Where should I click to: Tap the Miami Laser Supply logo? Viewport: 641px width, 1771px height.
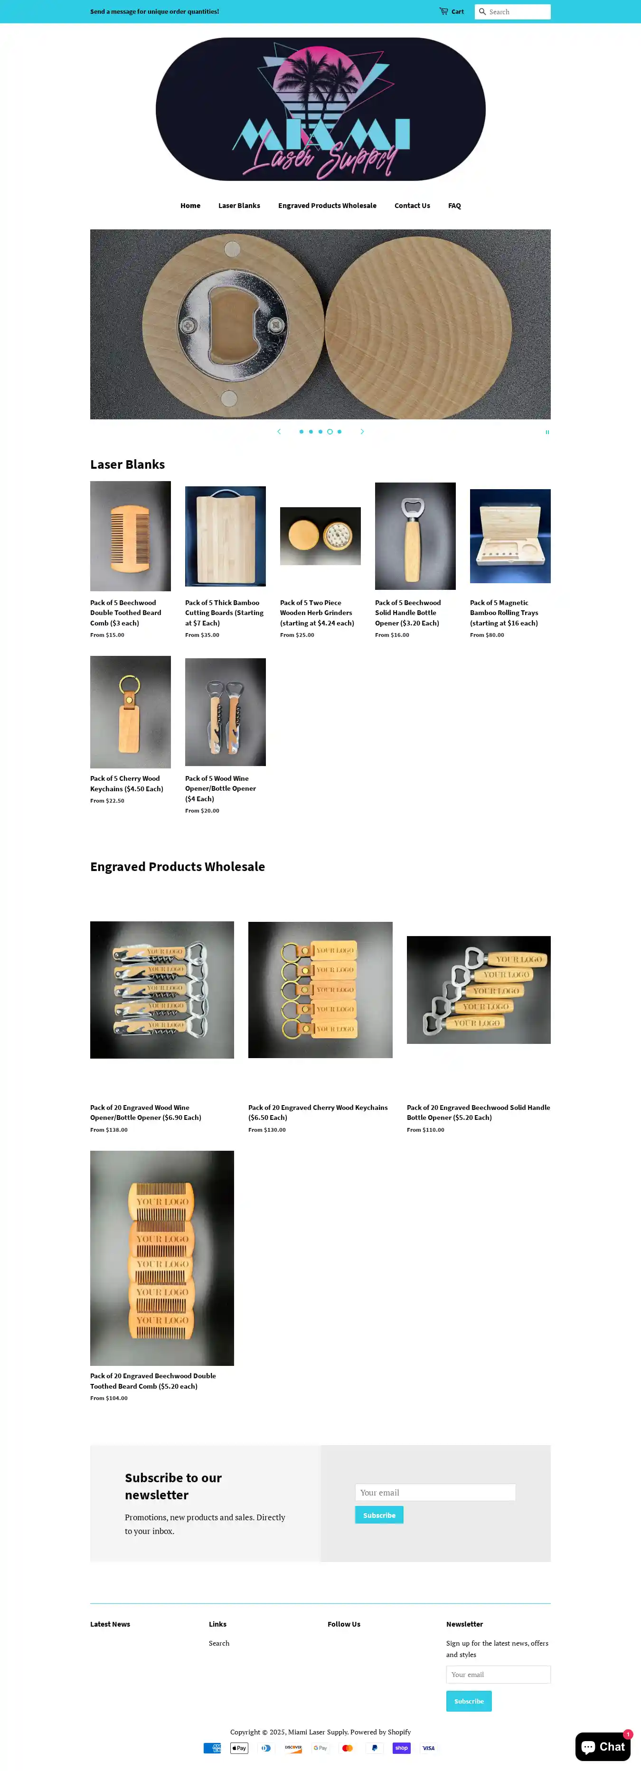point(320,109)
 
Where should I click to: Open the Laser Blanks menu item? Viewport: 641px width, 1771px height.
point(239,206)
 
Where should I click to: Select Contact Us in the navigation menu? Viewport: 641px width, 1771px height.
point(412,206)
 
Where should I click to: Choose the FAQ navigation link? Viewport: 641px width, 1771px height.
point(454,206)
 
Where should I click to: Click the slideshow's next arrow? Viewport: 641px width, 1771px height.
point(362,432)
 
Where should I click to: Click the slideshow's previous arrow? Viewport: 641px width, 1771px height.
point(279,432)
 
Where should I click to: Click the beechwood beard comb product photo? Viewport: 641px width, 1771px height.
point(131,536)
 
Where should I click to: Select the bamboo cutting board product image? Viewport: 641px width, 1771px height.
point(226,536)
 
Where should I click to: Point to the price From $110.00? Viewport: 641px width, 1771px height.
point(425,1129)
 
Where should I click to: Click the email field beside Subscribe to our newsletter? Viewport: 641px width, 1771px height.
point(435,1493)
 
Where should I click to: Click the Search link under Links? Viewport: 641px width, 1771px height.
point(219,1643)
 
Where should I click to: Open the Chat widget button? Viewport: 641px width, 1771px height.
point(603,1747)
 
